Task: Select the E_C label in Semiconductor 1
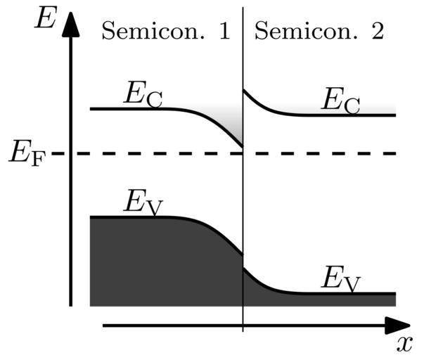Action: click(143, 96)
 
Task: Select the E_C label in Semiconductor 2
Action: click(340, 102)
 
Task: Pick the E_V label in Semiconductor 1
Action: click(143, 204)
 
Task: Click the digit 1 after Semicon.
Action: click(224, 31)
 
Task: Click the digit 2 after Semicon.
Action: click(376, 31)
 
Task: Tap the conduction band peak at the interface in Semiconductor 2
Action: click(244, 89)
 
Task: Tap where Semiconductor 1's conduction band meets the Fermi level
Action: click(242, 148)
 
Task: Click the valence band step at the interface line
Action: click(243, 262)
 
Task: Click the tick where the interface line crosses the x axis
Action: click(243, 326)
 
